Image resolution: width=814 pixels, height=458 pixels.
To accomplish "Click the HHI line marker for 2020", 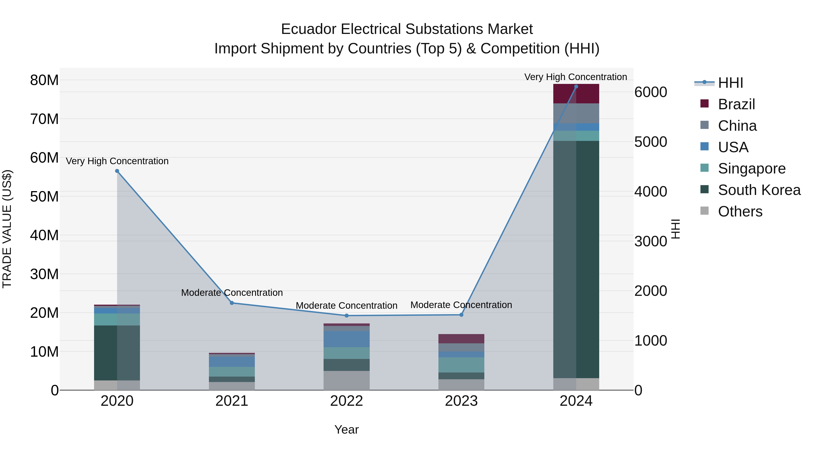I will pos(117,171).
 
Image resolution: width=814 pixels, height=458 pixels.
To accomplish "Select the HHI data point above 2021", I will pos(232,303).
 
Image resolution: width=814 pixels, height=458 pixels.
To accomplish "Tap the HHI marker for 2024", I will pos(576,87).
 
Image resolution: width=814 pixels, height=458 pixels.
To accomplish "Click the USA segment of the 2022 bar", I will pos(346,339).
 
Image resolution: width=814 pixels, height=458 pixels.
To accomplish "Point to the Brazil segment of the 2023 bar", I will pos(461,339).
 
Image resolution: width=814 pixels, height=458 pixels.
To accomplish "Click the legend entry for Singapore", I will pos(751,168).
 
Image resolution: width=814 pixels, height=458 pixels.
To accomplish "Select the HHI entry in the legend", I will pos(730,83).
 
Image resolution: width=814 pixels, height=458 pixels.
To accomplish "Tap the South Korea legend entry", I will pos(759,190).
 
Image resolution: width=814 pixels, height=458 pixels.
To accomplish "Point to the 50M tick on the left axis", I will pos(44,197).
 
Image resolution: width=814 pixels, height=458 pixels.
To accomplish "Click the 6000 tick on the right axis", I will pos(651,92).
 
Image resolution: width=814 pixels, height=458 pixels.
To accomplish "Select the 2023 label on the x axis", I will pos(461,401).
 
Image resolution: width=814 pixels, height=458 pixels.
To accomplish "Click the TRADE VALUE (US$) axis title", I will pos(7,229).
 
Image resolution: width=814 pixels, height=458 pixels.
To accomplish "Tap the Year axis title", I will pos(346,430).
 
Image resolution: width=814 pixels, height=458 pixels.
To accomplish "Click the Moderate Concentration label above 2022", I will pos(346,306).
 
